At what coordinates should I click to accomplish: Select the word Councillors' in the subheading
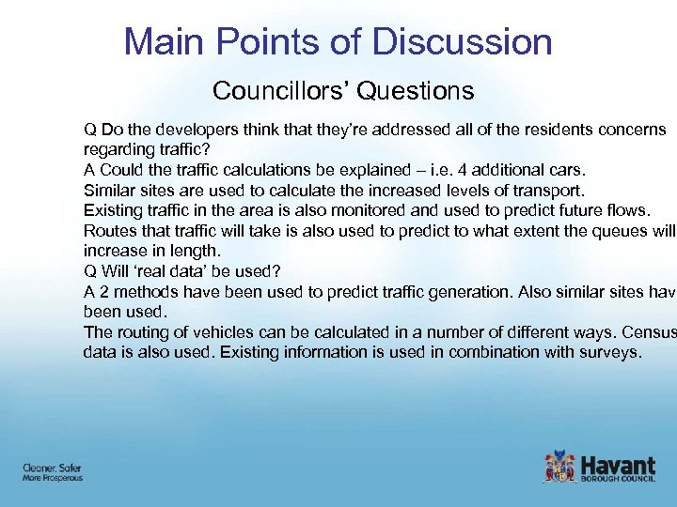267,91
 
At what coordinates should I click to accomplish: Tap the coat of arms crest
559,468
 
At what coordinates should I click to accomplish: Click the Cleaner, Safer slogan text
51,467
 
